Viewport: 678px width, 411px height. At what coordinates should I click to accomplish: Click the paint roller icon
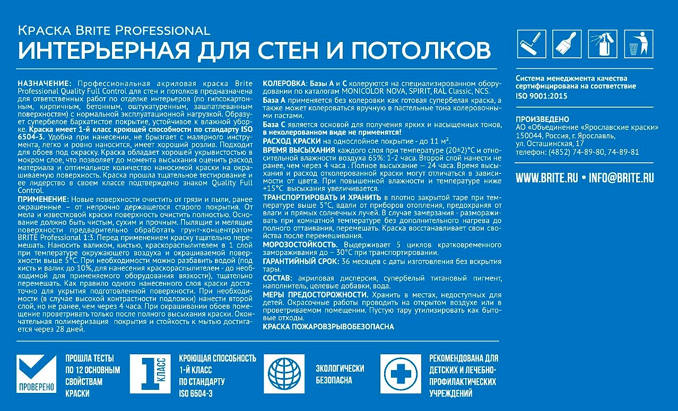531,43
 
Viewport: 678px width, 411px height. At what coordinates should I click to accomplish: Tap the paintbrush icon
567,43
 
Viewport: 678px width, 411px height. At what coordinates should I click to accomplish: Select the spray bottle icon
602,43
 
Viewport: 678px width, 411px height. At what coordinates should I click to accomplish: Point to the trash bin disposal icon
636,43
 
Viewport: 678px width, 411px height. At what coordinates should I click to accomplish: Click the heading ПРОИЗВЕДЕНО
542,119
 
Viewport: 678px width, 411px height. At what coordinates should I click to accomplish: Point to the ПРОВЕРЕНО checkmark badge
36,374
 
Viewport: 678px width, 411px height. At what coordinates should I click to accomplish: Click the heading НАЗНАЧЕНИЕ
44,84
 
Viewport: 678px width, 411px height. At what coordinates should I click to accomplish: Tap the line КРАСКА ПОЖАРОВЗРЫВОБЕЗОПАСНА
328,327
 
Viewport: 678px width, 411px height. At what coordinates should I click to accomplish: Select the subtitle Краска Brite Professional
114,30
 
